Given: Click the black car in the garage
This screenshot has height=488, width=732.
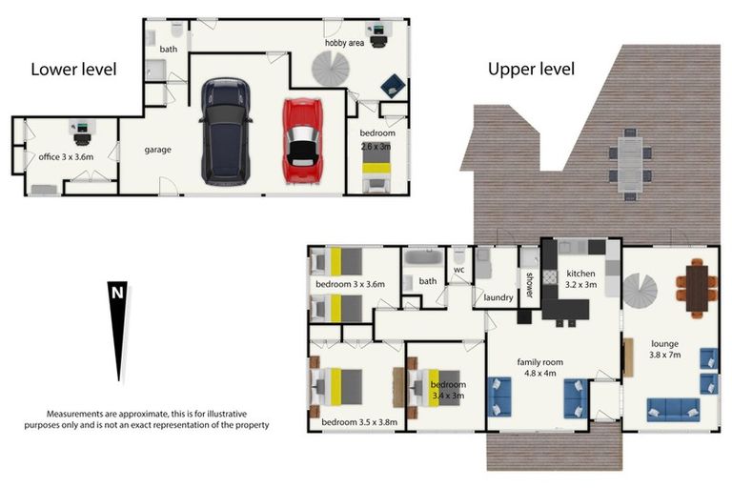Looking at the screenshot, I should click(225, 132).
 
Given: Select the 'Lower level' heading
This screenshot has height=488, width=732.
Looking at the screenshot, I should click(73, 69).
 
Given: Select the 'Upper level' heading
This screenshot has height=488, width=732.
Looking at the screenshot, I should click(531, 69).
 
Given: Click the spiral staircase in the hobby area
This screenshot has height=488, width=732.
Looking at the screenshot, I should click(334, 69).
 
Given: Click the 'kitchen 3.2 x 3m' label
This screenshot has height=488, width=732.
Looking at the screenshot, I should click(580, 279).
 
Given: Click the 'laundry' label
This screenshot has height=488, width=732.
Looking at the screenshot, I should click(498, 297).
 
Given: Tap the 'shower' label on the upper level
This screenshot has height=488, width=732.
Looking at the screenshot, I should click(530, 284).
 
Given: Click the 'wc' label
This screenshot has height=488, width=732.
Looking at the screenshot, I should click(458, 270).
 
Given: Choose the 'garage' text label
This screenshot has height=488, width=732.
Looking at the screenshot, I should click(157, 150).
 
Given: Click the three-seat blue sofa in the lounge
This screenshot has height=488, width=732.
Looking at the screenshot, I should click(673, 409).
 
